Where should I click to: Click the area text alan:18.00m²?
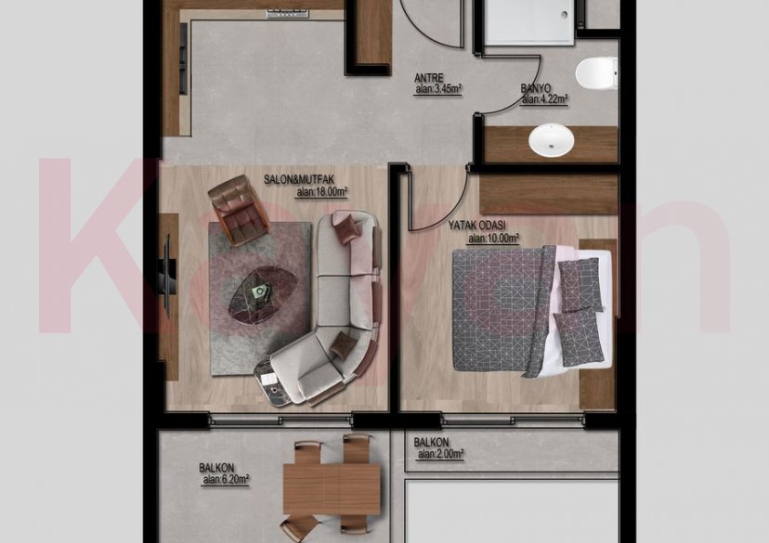pyautogui.click(x=321, y=192)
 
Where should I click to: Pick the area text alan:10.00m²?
pyautogui.click(x=493, y=238)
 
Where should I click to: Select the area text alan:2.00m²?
pyautogui.click(x=440, y=454)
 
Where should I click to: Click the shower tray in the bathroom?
pyautogui.click(x=527, y=19)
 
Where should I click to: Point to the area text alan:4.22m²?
pyautogui.click(x=544, y=99)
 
